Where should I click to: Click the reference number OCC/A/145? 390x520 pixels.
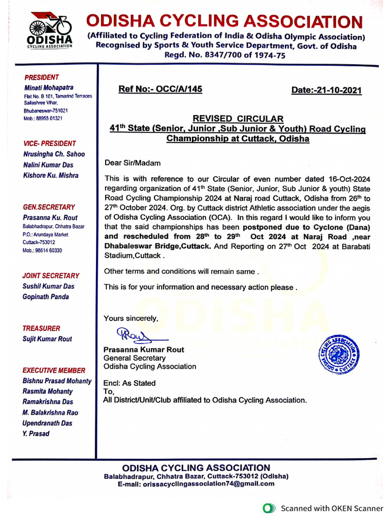[160, 89]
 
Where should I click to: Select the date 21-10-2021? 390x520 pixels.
[326, 90]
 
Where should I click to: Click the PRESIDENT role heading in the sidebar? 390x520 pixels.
[42, 77]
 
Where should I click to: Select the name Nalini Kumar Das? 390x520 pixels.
[48, 165]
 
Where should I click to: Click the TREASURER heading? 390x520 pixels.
[41, 329]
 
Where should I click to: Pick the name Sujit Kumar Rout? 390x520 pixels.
[47, 339]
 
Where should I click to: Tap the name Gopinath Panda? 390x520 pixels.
[46, 297]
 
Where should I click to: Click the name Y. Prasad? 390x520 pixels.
[36, 434]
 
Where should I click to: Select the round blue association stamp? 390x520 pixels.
[339, 355]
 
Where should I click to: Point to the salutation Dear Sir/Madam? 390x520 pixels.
[132, 163]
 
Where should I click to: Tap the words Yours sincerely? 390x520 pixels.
[131, 318]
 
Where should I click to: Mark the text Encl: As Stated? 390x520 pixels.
[129, 383]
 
